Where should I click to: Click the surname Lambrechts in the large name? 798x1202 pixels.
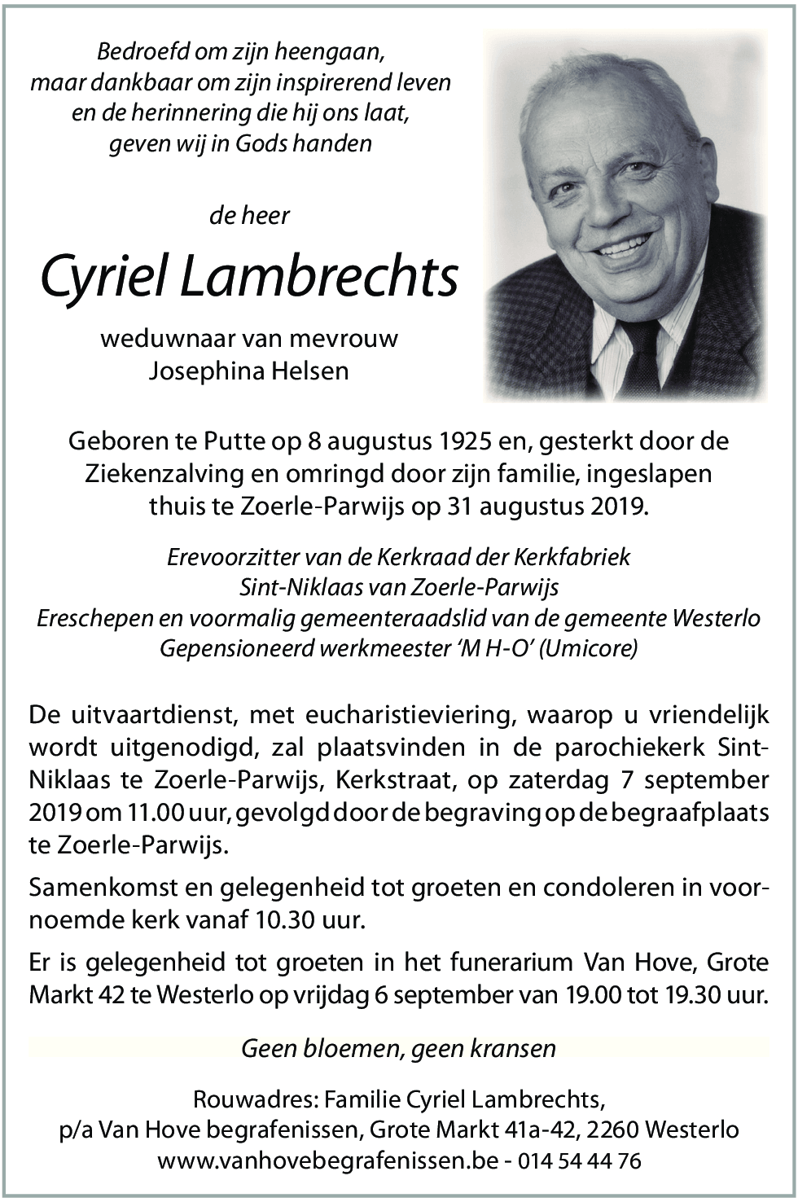(318, 277)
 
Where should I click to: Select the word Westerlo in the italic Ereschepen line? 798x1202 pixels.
(716, 618)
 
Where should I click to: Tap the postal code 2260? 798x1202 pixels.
(613, 1130)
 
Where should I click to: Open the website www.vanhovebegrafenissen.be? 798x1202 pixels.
(327, 1160)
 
